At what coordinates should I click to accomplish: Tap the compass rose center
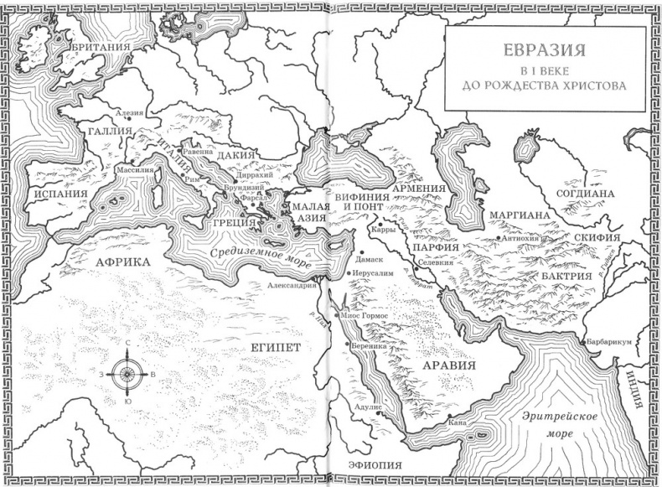pyautogui.click(x=127, y=374)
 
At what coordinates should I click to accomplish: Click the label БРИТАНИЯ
pyautogui.click(x=101, y=48)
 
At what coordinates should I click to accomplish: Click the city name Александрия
pyautogui.click(x=292, y=285)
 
